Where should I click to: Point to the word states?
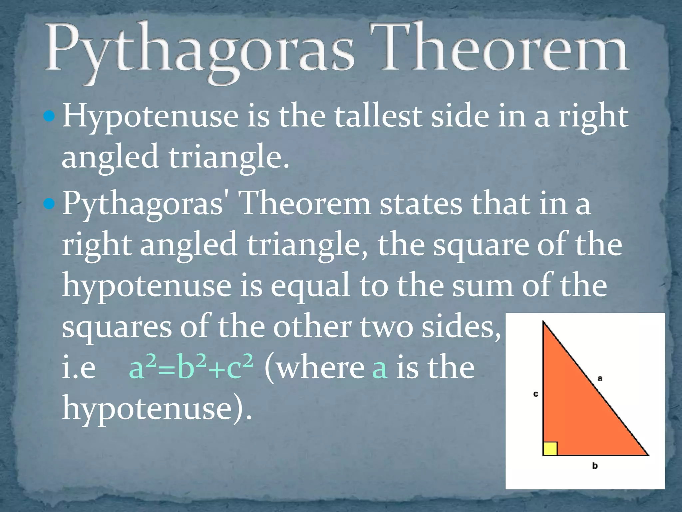[x=421, y=204]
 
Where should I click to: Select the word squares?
[x=117, y=327]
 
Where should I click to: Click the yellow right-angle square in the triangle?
[x=550, y=449]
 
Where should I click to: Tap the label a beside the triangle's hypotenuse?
[x=600, y=378]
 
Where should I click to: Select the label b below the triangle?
[x=595, y=466]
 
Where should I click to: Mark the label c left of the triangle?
[x=535, y=394]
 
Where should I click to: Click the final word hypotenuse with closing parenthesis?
[x=157, y=409]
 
